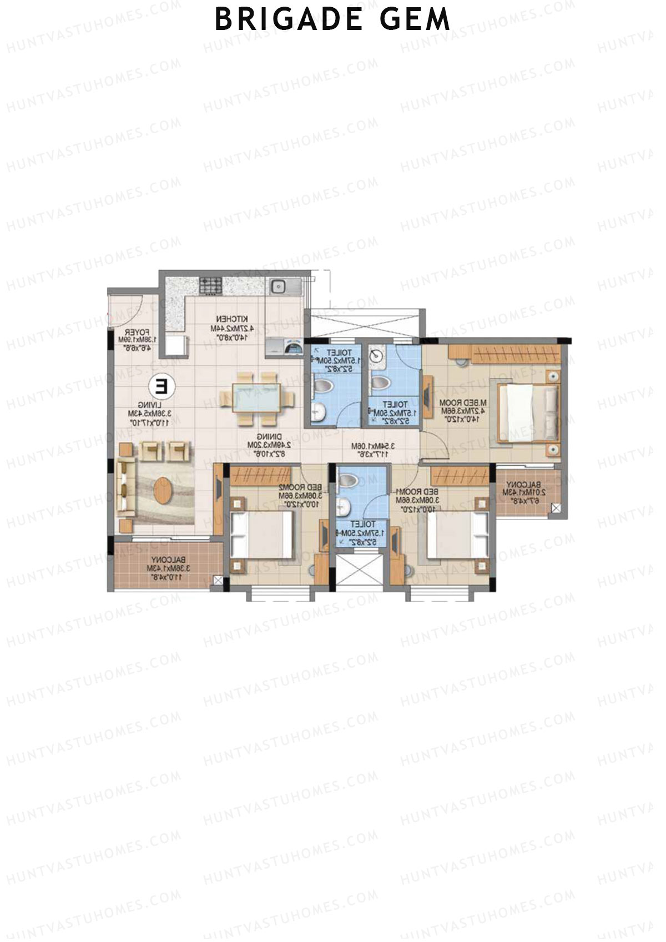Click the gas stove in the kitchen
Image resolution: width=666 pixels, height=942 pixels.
(x=211, y=286)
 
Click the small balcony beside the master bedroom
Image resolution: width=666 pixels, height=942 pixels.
(x=524, y=492)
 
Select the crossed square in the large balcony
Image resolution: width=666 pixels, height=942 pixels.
(x=218, y=581)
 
